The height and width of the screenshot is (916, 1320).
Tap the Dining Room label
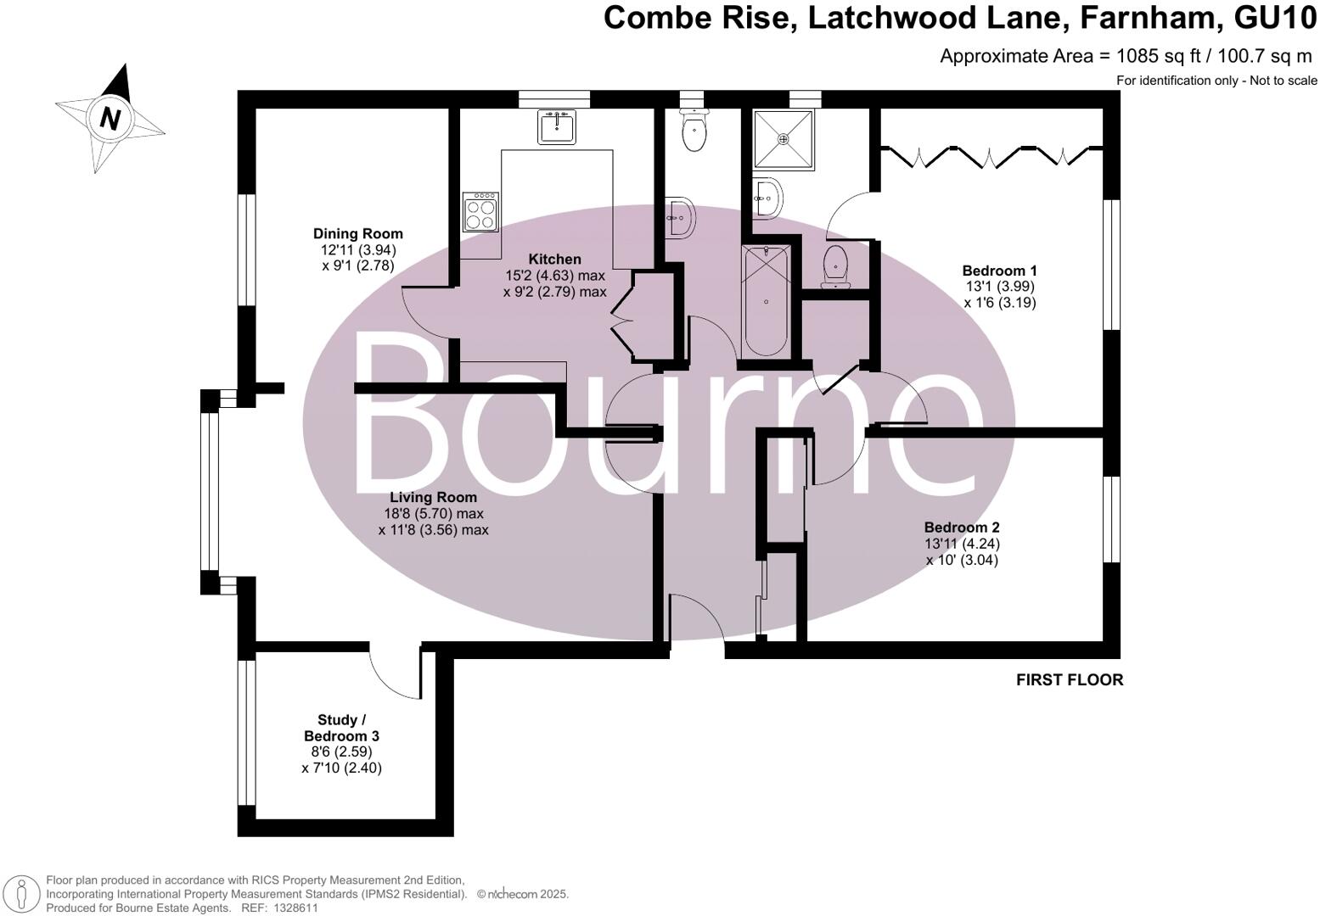pyautogui.click(x=357, y=233)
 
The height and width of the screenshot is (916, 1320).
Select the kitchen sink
pyautogui.click(x=557, y=127)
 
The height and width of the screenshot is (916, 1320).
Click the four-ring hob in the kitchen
pyautogui.click(x=480, y=211)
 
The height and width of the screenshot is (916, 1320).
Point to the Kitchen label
pyautogui.click(x=554, y=259)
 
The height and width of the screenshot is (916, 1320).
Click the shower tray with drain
pyautogui.click(x=784, y=137)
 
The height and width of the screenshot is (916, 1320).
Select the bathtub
pyautogui.click(x=767, y=301)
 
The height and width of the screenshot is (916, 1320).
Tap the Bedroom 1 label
pyautogui.click(x=999, y=271)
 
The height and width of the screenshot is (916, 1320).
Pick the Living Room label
pyautogui.click(x=433, y=497)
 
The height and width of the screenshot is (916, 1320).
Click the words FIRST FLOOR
pyautogui.click(x=1069, y=679)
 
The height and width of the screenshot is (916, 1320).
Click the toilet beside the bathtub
pyautogui.click(x=836, y=265)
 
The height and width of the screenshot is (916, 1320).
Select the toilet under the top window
pyautogui.click(x=694, y=132)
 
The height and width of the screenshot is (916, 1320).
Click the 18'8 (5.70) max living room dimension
pyautogui.click(x=433, y=513)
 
